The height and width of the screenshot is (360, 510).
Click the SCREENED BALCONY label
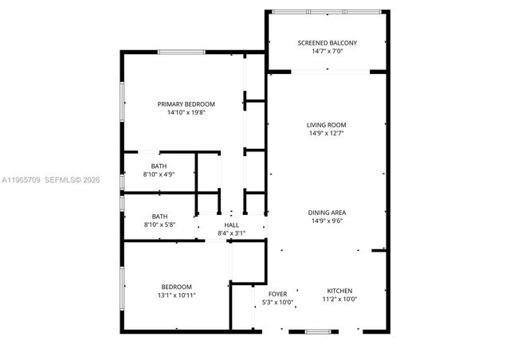click(x=327, y=42)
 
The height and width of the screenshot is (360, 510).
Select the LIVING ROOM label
click(x=327, y=125)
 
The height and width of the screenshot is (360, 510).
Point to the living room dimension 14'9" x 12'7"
click(x=327, y=134)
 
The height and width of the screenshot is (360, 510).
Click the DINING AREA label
click(x=327, y=213)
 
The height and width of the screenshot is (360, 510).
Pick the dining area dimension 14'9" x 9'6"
click(x=327, y=221)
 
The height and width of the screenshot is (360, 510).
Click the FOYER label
click(x=277, y=294)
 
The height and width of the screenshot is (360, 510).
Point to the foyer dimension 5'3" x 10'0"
click(x=277, y=303)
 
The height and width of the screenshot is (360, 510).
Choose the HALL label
click(x=231, y=225)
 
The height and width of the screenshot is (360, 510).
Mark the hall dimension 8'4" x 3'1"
click(x=231, y=234)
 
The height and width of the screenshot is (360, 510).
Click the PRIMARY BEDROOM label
click(x=186, y=104)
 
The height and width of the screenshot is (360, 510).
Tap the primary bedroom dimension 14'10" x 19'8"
click(x=186, y=113)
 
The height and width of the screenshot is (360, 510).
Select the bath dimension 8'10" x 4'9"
click(x=159, y=174)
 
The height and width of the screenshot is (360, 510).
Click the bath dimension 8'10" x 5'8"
click(x=159, y=225)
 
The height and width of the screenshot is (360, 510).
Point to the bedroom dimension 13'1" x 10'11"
click(x=176, y=295)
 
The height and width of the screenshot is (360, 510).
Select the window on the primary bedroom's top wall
click(x=181, y=53)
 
